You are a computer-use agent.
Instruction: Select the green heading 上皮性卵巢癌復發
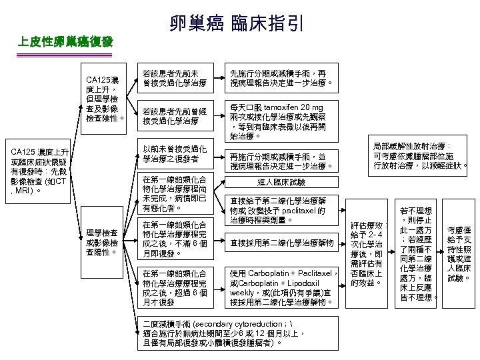click(x=66, y=44)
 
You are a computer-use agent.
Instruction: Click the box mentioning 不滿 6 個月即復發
click(x=175, y=239)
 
